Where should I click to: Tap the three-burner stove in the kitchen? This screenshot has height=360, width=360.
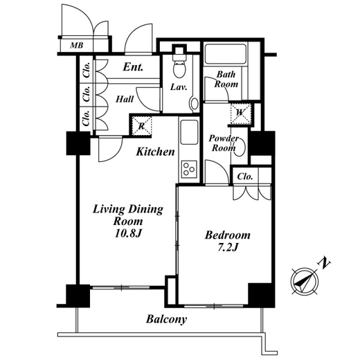189,169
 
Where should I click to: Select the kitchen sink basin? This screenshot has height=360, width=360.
189,132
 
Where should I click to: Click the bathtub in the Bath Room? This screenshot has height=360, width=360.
225,54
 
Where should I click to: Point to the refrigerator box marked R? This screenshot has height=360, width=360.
142,126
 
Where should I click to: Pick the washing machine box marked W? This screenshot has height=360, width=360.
241,114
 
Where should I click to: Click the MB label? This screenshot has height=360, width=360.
77,46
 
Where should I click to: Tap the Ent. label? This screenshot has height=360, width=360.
133,67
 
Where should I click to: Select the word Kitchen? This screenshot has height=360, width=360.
155,152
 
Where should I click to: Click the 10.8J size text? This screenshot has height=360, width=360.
128,234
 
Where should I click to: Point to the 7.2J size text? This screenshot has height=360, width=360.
228,248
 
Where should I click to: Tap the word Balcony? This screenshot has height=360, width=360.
166,320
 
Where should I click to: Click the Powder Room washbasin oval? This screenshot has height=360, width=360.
240,147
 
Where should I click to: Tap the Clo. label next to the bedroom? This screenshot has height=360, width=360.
245,177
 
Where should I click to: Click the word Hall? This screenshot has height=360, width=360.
125,99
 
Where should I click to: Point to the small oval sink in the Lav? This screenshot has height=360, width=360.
195,103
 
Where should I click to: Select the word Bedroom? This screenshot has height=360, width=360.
228,235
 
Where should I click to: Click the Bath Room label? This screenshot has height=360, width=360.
226,79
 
